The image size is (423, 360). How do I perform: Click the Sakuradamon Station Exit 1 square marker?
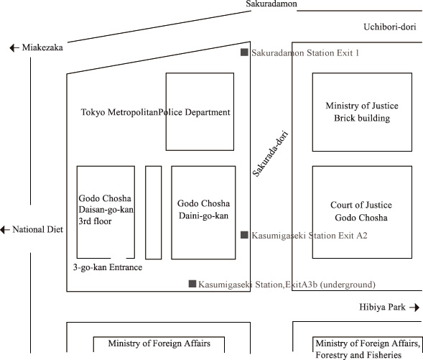click(x=244, y=52)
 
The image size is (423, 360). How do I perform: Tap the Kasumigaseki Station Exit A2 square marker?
click(x=244, y=235)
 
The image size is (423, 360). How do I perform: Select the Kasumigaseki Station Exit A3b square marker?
click(x=192, y=284)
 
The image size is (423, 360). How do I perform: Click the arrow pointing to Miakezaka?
click(x=14, y=48)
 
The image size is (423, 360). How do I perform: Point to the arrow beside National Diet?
click(x=5, y=230)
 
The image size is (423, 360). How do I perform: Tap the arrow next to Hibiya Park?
click(x=414, y=308)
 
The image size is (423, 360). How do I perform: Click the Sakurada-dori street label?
click(x=271, y=154)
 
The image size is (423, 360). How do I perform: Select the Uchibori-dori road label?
click(x=390, y=27)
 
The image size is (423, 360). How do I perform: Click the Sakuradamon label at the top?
click(x=271, y=4)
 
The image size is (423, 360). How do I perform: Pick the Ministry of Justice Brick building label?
click(x=362, y=111)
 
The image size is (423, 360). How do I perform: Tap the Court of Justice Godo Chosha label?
click(x=361, y=211)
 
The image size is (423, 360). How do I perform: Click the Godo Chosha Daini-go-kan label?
click(x=203, y=209)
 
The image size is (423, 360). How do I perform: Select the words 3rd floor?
click(x=95, y=221)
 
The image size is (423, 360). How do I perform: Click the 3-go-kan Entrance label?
click(x=108, y=267)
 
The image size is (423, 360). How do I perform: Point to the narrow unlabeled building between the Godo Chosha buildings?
click(x=154, y=213)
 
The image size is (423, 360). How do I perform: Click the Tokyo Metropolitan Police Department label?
click(x=156, y=112)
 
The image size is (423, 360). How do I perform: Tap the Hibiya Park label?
click(x=382, y=307)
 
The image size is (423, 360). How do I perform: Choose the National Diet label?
click(x=38, y=230)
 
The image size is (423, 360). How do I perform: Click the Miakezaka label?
click(x=42, y=47)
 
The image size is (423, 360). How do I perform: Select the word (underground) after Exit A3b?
click(x=348, y=285)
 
